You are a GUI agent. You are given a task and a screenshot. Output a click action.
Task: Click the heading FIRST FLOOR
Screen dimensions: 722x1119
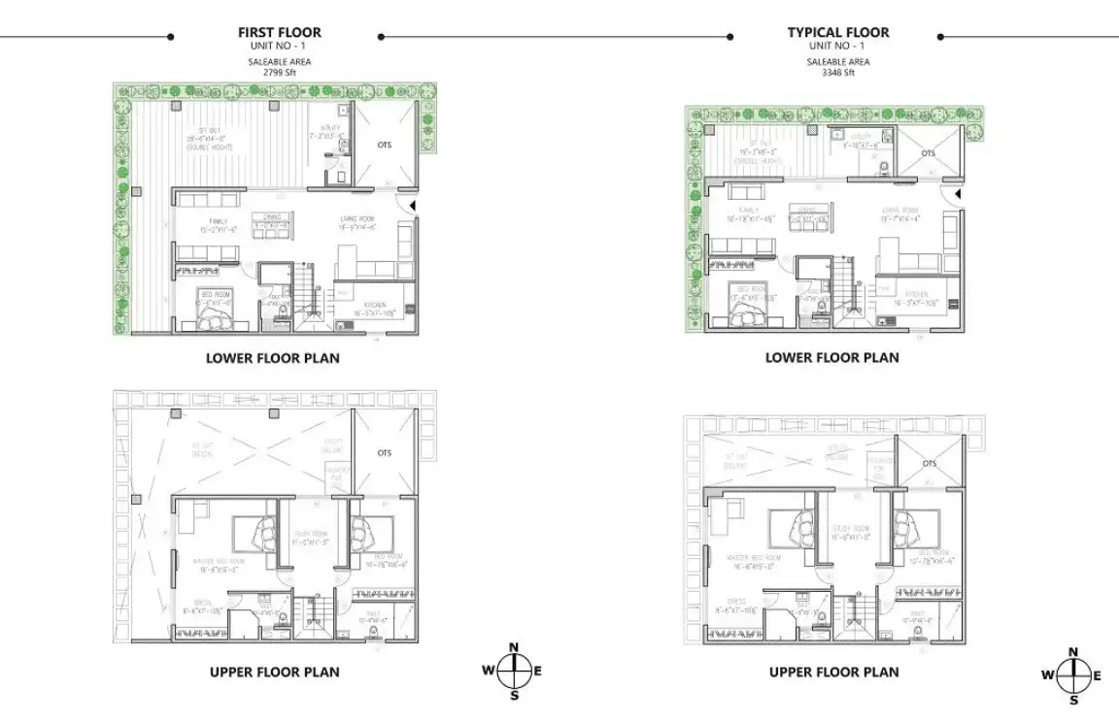pyautogui.click(x=280, y=32)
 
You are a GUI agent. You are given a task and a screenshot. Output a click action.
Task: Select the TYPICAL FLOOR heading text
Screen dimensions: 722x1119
pyautogui.click(x=838, y=32)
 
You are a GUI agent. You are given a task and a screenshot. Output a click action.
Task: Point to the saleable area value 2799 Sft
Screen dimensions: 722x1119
pyautogui.click(x=280, y=72)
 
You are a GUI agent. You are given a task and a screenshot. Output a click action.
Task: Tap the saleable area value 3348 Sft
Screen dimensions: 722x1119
pyautogui.click(x=838, y=72)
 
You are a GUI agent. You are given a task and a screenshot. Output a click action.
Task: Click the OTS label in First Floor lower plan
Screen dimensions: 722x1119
pyautogui.click(x=384, y=146)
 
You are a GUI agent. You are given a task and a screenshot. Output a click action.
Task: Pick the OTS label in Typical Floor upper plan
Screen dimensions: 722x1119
pyautogui.click(x=930, y=463)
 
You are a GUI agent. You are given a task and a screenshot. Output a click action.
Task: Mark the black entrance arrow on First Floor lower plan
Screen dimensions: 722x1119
pyautogui.click(x=412, y=206)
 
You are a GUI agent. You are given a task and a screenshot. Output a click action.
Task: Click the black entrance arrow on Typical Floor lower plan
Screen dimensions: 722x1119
pyautogui.click(x=958, y=196)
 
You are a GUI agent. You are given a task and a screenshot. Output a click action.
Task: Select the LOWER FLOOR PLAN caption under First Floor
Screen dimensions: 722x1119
pyautogui.click(x=273, y=358)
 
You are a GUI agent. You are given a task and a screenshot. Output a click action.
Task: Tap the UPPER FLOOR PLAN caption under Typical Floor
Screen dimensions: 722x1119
pyautogui.click(x=833, y=672)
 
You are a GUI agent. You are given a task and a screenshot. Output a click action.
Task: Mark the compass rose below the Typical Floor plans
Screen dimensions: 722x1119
pyautogui.click(x=1072, y=674)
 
